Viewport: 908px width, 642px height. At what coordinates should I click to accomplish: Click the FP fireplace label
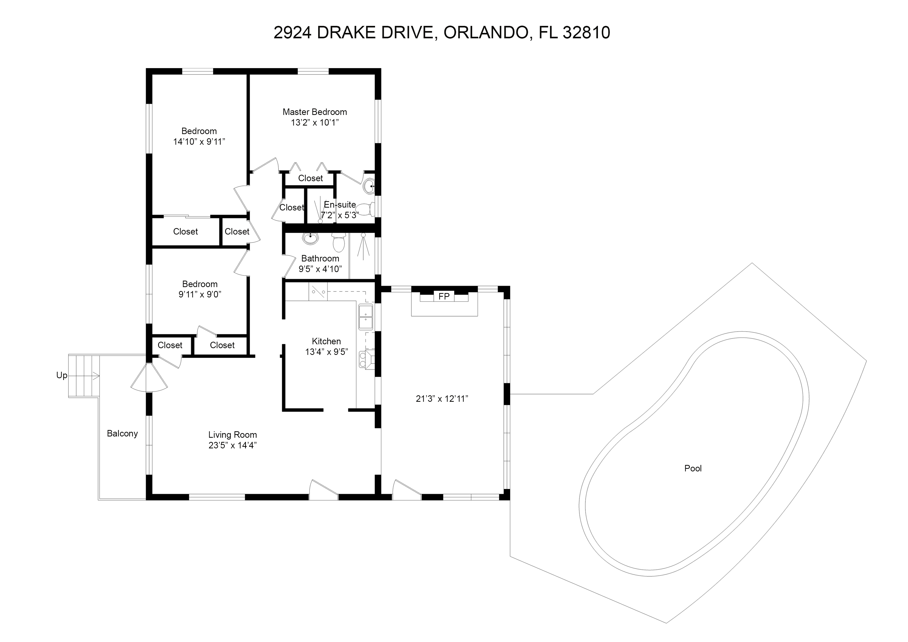tap(444, 296)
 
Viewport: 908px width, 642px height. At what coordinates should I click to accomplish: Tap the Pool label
tap(693, 468)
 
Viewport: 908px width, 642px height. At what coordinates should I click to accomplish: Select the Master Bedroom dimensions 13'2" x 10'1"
tap(315, 123)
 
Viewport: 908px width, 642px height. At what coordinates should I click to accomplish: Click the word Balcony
tap(122, 434)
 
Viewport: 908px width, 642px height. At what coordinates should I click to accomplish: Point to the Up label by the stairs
tap(62, 375)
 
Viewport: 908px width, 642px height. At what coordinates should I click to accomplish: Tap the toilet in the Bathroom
tap(339, 243)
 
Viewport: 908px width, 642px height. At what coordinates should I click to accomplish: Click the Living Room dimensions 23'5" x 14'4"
tap(232, 446)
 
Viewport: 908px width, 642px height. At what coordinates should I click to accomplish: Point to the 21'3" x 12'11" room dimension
tap(442, 399)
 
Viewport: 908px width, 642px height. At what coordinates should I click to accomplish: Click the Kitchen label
tap(326, 341)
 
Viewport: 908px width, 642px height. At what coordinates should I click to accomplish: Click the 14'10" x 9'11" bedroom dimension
tap(199, 142)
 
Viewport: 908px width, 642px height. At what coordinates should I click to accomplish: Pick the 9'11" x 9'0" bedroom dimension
tap(200, 294)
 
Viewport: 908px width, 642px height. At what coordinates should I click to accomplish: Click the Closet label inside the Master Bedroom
tap(310, 178)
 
